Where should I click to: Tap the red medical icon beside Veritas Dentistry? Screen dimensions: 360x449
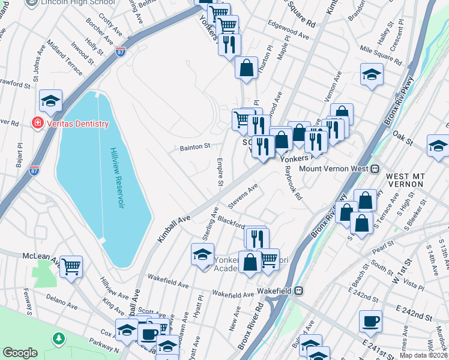[38, 124]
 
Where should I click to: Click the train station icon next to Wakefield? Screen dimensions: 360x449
[298, 290]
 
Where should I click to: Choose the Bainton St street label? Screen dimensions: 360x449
[195, 146]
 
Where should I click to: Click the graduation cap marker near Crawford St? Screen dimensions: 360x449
[51, 100]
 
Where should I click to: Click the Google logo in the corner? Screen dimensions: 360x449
[20, 353]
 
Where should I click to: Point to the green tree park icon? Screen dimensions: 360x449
[59, 338]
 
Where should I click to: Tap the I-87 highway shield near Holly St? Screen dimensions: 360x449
[121, 52]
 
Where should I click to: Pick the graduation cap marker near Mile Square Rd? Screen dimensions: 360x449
[372, 74]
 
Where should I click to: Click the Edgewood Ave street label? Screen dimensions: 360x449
[290, 32]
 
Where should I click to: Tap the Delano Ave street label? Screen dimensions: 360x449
[64, 305]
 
